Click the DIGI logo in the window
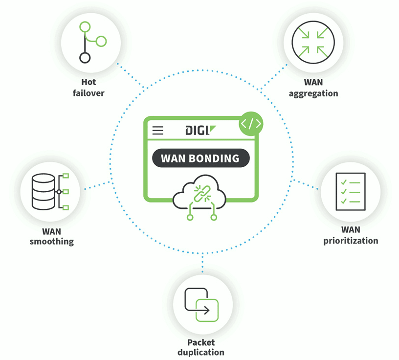coord(200,130)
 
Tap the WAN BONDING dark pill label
coord(201,158)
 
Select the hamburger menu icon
coord(158,131)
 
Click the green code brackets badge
coord(251,124)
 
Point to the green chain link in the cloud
coord(202,194)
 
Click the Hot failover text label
coord(89,88)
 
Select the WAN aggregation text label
coord(313,88)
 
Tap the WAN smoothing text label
coord(52,236)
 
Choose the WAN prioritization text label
coord(351,235)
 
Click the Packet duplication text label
coord(201,347)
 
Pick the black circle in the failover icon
coord(85,58)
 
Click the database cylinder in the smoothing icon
coord(43,192)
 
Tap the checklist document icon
coord(351,191)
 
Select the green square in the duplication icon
coord(207,310)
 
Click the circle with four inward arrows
coord(313,42)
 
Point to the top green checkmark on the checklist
coord(344,182)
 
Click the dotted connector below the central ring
coord(202,263)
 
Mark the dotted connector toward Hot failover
coord(131,76)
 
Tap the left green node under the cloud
coord(190,217)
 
